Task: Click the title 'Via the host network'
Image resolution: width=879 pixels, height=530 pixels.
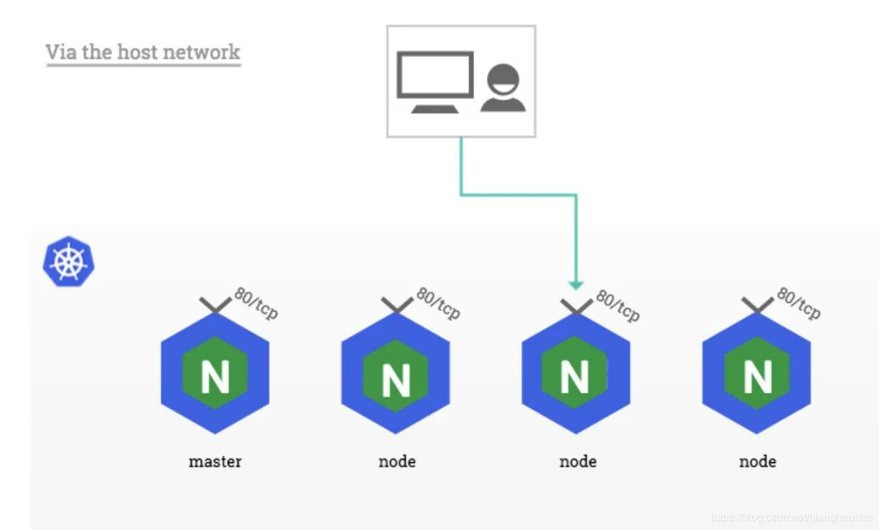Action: click(x=143, y=52)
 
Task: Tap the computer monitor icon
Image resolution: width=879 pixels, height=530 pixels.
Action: click(x=435, y=81)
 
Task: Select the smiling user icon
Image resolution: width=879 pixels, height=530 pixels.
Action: click(x=503, y=88)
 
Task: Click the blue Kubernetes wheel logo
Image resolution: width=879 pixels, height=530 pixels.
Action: click(x=68, y=262)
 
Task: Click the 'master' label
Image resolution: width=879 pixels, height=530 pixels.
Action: click(x=215, y=462)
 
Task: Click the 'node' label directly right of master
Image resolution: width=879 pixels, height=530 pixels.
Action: click(x=397, y=462)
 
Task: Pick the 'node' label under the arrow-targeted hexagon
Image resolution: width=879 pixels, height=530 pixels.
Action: click(x=578, y=462)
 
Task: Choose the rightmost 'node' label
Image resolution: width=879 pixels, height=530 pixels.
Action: click(x=757, y=462)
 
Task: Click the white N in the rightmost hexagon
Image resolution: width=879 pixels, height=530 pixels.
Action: click(x=757, y=377)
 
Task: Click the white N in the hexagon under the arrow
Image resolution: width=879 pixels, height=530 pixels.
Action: click(x=575, y=377)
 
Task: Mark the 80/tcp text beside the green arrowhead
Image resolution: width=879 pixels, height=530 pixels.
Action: click(x=617, y=305)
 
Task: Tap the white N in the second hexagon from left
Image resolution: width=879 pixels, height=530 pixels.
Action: click(x=396, y=380)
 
